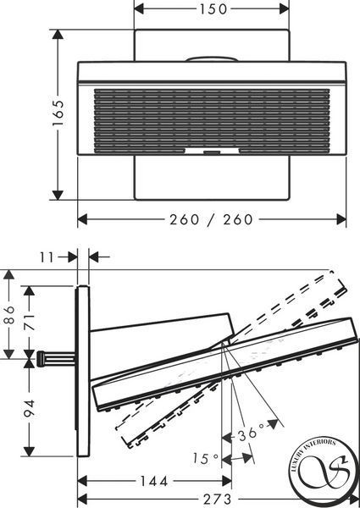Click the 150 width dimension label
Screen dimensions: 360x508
[x=213, y=9]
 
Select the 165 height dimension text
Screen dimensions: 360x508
[x=58, y=113]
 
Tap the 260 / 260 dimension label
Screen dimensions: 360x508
[x=211, y=219]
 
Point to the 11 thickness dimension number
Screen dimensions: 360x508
[x=47, y=257]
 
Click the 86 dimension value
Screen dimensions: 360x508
[x=9, y=315]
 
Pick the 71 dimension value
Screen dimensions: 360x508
[x=30, y=322]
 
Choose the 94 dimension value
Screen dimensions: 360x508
[x=30, y=408]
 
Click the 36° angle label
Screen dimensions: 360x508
[x=251, y=433]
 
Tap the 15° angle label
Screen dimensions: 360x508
[x=206, y=458]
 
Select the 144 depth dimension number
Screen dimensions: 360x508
[x=154, y=481]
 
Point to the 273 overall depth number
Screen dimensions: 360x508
[x=218, y=500]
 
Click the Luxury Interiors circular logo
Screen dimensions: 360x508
[x=324, y=466]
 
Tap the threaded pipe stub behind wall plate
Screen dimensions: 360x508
[x=55, y=359]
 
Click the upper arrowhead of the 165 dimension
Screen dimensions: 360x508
[x=58, y=35]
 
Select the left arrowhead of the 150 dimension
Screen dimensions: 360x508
[x=139, y=9]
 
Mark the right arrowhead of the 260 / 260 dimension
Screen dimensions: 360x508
[x=341, y=219]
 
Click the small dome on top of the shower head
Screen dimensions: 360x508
[x=212, y=59]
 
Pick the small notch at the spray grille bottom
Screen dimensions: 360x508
[x=212, y=151]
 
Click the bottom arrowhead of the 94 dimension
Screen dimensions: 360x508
[x=30, y=451]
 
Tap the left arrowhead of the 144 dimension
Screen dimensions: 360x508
[x=83, y=481]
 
